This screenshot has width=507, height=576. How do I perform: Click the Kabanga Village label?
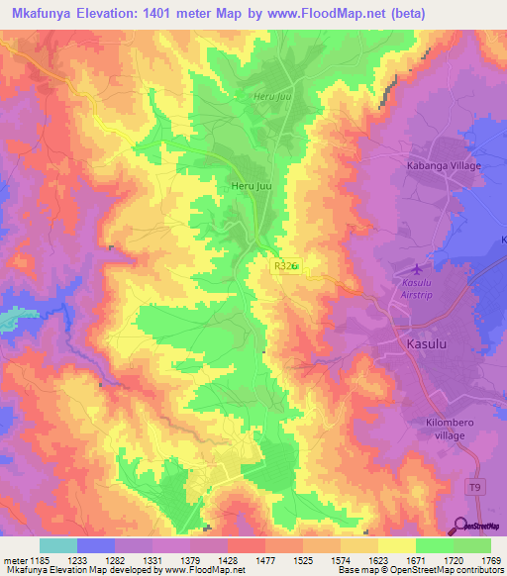[x=443, y=165]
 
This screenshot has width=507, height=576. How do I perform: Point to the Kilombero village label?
[x=442, y=426]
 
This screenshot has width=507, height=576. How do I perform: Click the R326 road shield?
[x=284, y=266]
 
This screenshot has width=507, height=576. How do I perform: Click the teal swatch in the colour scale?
[x=58, y=545]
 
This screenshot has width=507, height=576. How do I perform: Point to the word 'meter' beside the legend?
[x=15, y=559]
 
